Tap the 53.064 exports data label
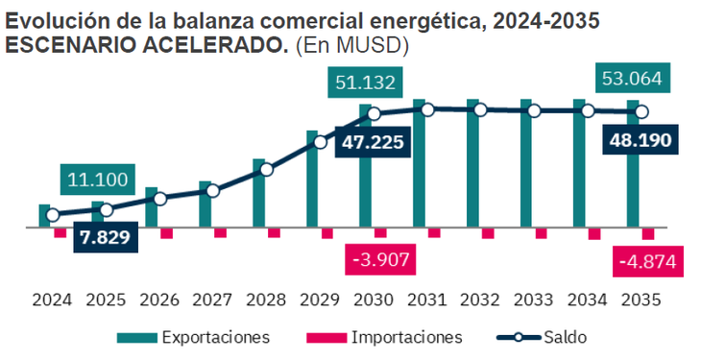tap(632, 78)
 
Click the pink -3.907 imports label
tap(381, 259)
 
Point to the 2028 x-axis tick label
tap(266, 300)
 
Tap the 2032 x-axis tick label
tap(480, 300)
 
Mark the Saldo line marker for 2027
tap(213, 191)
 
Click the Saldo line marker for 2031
tap(427, 109)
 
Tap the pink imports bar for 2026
tap(167, 233)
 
